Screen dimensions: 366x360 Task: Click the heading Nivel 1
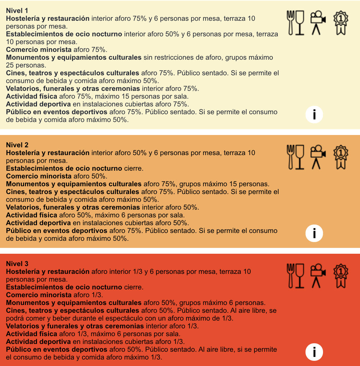click(x=17, y=11)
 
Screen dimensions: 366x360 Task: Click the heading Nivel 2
click(x=17, y=145)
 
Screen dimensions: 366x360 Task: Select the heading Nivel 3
click(x=17, y=264)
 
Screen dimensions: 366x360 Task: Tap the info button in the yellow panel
click(x=314, y=114)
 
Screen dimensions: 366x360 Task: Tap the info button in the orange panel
click(x=314, y=233)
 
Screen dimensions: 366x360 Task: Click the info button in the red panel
click(x=314, y=352)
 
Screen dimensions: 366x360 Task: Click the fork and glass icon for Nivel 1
click(x=295, y=23)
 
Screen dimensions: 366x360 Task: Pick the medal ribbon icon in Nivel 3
click(x=341, y=276)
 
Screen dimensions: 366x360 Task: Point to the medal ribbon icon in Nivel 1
click(x=341, y=23)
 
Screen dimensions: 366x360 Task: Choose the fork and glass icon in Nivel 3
click(x=295, y=276)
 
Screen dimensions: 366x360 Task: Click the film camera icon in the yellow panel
click(x=318, y=23)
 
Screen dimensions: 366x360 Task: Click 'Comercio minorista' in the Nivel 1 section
click(x=39, y=50)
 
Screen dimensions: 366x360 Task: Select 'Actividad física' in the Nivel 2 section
click(x=31, y=215)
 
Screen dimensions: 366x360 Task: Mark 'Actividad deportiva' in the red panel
click(x=38, y=342)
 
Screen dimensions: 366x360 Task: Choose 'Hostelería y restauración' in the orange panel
click(x=48, y=153)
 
